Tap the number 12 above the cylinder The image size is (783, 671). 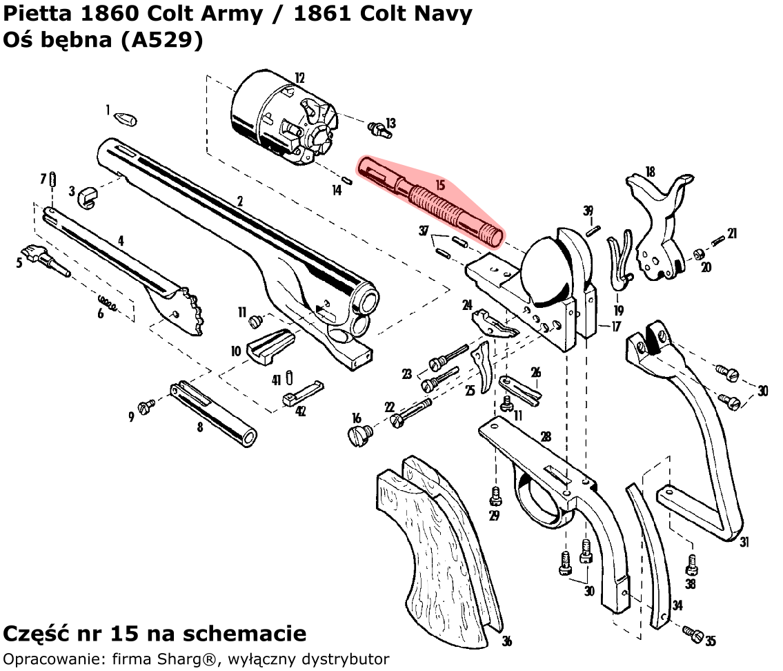click(x=299, y=78)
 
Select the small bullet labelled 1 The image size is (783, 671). click(x=125, y=119)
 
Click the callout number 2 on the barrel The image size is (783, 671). click(x=240, y=202)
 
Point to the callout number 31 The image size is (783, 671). click(x=744, y=542)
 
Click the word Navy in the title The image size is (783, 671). click(x=439, y=14)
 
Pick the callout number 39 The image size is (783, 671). click(x=588, y=211)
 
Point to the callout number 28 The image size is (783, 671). click(x=546, y=436)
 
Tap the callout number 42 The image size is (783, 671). click(x=301, y=411)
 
